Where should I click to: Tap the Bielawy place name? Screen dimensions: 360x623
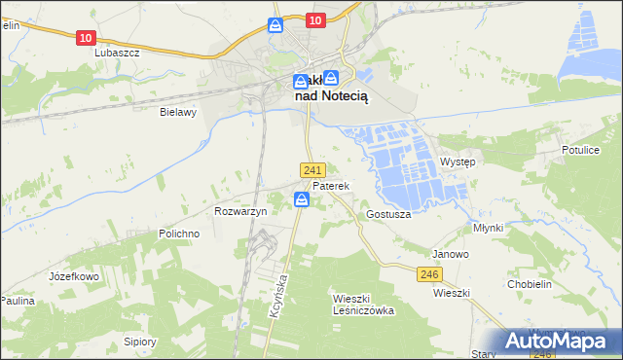(x=178, y=112)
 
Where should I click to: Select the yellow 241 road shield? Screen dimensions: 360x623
(x=311, y=169)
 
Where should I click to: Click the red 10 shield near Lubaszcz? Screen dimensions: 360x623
(x=86, y=37)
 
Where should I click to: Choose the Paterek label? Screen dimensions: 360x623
(x=330, y=185)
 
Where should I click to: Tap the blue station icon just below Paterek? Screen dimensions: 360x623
(x=302, y=199)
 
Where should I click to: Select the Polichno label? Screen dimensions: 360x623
(x=179, y=234)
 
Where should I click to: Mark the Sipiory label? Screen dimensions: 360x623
(x=140, y=342)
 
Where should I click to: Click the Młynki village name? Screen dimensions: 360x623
(x=487, y=228)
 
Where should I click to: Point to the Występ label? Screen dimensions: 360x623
(x=458, y=162)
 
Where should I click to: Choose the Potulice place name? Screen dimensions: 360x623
(x=581, y=150)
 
